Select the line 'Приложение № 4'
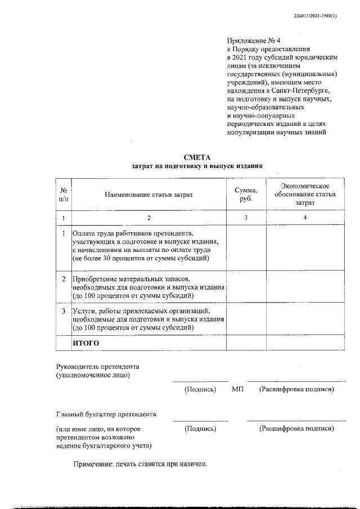[251, 42]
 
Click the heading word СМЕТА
[196, 158]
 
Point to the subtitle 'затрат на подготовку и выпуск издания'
[196, 166]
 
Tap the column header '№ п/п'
[64, 194]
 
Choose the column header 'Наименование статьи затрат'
[148, 195]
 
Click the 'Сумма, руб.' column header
[245, 194]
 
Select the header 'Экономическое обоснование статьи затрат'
[305, 194]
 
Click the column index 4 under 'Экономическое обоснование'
[305, 218]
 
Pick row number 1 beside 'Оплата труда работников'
[64, 233]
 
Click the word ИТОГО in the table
[86, 343]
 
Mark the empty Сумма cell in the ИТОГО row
[245, 343]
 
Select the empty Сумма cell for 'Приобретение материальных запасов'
[245, 287]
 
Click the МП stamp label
[237, 389]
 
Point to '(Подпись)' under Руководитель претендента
[200, 389]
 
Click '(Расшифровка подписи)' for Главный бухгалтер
[296, 429]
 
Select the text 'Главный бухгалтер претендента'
[106, 415]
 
